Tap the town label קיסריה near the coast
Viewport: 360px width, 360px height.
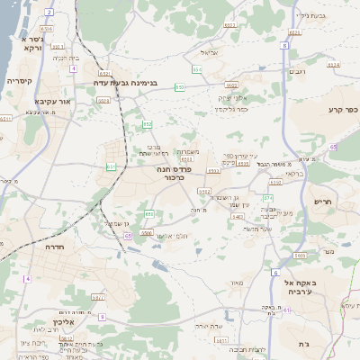(21, 80)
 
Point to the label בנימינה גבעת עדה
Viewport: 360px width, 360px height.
(127, 82)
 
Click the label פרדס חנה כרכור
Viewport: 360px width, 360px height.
(164, 173)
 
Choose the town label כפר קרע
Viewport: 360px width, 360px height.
(342, 110)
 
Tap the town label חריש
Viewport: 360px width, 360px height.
(321, 202)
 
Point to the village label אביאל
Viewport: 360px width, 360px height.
(209, 52)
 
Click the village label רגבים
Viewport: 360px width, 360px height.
(296, 69)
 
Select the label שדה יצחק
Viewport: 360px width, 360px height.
(208, 325)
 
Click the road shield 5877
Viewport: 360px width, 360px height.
(98, 296)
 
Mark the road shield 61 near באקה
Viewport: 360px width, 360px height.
(287, 310)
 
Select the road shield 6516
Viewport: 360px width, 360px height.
(46, 29)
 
